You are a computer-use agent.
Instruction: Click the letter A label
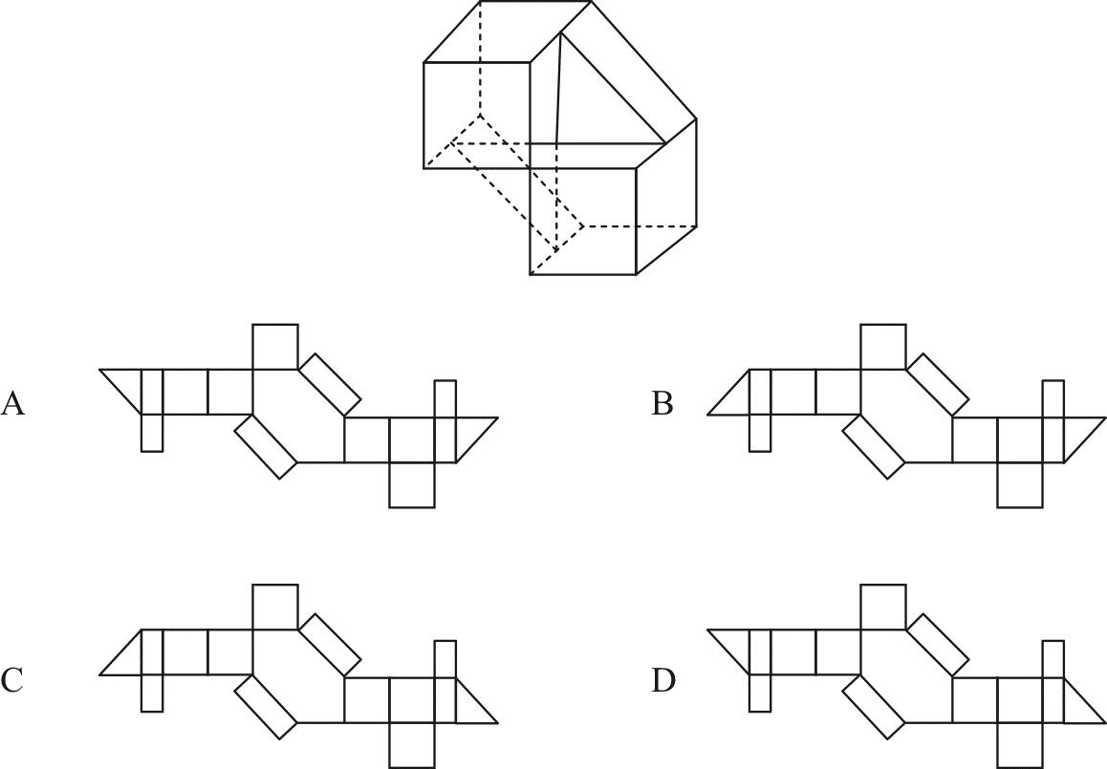(x=12, y=403)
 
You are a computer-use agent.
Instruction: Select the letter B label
(x=662, y=403)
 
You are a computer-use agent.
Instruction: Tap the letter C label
(x=12, y=680)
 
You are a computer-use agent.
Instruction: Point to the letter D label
(x=662, y=680)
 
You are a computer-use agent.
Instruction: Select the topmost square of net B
(x=882, y=347)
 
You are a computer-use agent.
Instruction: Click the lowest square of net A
(x=411, y=484)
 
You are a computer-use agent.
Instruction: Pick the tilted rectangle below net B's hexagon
(x=873, y=446)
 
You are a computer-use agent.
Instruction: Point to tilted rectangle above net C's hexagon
(x=330, y=644)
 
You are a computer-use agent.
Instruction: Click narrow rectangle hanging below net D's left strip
(x=760, y=693)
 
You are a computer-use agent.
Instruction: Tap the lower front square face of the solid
(x=583, y=221)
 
